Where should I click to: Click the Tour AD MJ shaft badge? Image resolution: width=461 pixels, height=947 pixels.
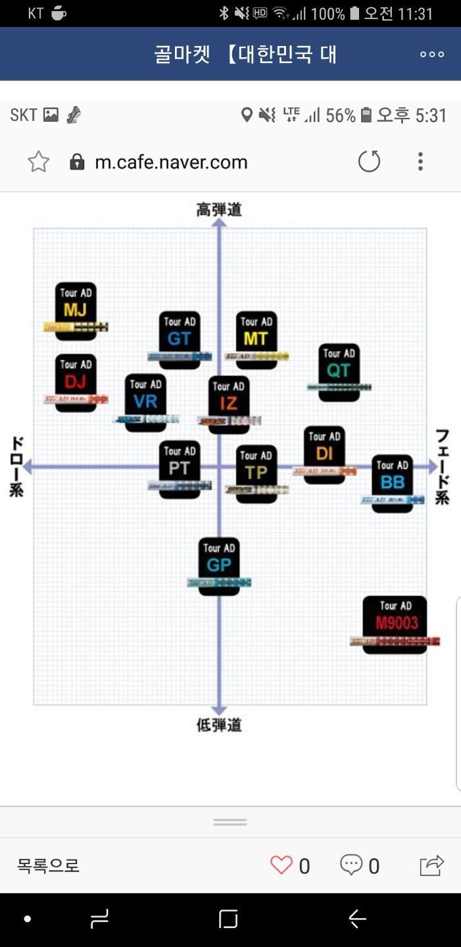point(76,311)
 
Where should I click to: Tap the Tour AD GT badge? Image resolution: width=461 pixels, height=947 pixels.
point(180,339)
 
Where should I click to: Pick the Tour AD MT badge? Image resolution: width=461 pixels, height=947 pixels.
point(256,339)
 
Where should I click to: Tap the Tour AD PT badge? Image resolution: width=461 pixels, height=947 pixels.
point(180,469)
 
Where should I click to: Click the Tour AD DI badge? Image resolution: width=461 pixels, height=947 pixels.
point(324,454)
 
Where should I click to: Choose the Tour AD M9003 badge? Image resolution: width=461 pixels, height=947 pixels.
point(395,624)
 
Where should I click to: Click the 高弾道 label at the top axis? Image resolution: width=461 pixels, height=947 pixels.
point(219,210)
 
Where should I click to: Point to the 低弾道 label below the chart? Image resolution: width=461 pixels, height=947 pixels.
point(219,725)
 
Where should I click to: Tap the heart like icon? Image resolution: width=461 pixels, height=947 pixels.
point(281,865)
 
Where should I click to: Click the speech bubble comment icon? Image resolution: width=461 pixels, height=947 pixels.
point(351,865)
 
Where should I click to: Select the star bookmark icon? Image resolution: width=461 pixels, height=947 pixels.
point(39,162)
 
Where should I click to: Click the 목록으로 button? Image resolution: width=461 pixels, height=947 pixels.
point(48,865)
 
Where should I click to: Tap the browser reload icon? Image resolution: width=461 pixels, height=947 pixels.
point(369,162)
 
